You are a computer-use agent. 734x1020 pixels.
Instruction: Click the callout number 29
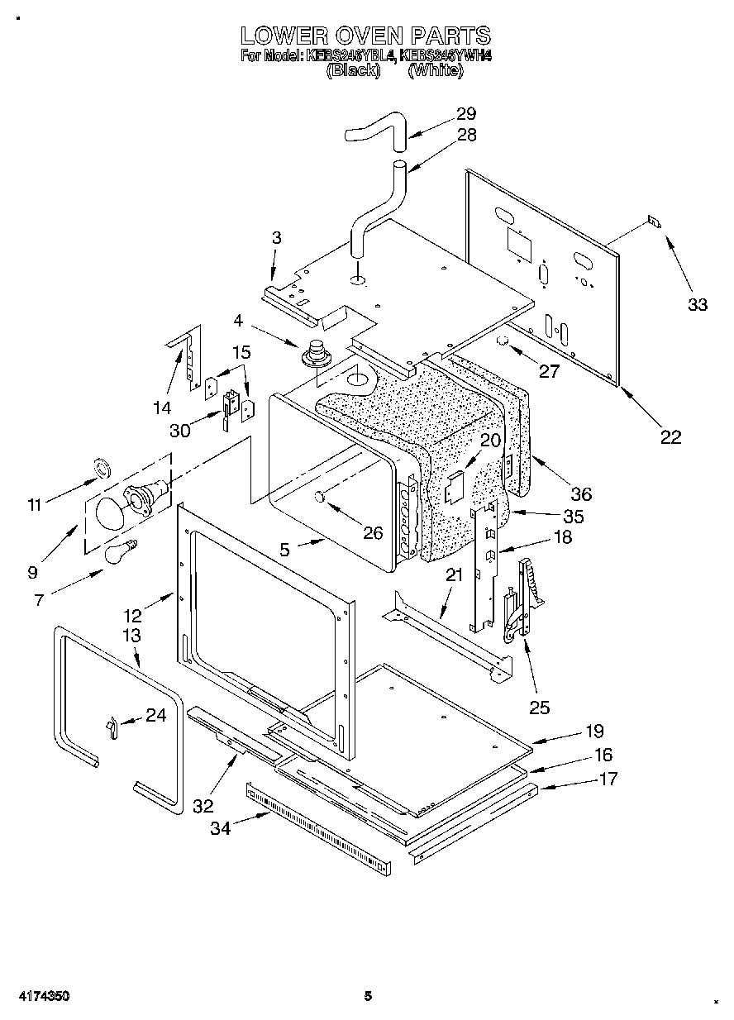coord(466,114)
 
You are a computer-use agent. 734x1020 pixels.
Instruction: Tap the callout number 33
coord(698,304)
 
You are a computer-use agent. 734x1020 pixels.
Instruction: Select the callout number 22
coord(670,437)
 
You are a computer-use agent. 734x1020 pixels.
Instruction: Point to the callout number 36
coord(581,494)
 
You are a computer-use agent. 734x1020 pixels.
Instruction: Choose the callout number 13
coord(131,636)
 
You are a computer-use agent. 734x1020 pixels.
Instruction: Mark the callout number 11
coord(34,505)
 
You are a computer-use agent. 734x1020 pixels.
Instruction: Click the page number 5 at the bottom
coord(368,996)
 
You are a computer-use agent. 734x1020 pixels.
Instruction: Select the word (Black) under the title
coord(353,71)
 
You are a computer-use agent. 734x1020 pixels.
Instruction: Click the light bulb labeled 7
coord(120,551)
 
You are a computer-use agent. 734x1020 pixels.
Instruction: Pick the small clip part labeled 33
coord(654,221)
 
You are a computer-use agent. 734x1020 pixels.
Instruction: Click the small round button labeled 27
coord(503,341)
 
